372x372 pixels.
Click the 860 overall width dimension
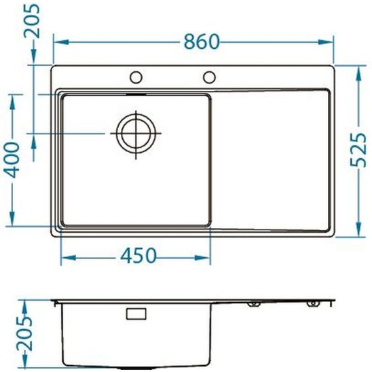pos(201,41)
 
